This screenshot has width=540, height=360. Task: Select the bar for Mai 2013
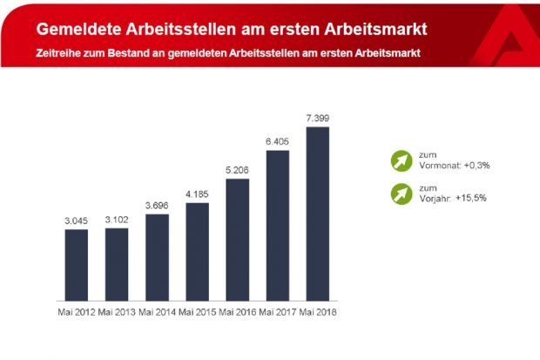click(x=117, y=262)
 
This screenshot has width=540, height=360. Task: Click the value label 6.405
click(x=277, y=141)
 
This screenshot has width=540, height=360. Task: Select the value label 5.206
click(x=237, y=170)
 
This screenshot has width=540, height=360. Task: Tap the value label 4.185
click(x=197, y=194)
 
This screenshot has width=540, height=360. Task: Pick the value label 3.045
click(x=77, y=221)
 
